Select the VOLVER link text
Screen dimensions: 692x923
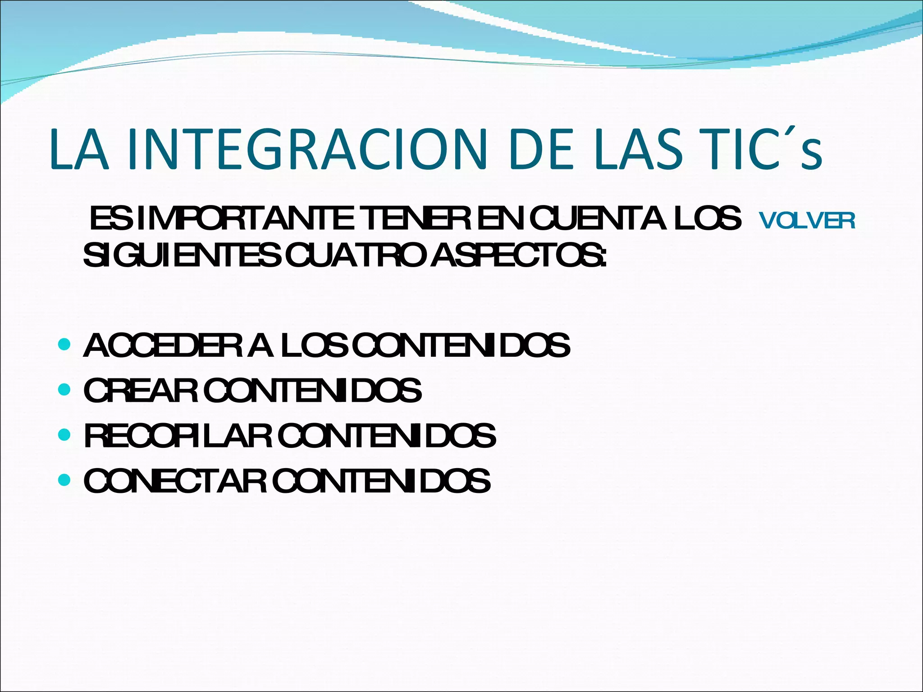807,221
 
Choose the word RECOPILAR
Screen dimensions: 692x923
178,436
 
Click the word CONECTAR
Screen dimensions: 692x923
176,481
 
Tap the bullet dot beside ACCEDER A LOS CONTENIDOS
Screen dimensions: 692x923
65,345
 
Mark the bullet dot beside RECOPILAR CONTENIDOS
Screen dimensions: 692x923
65,435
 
